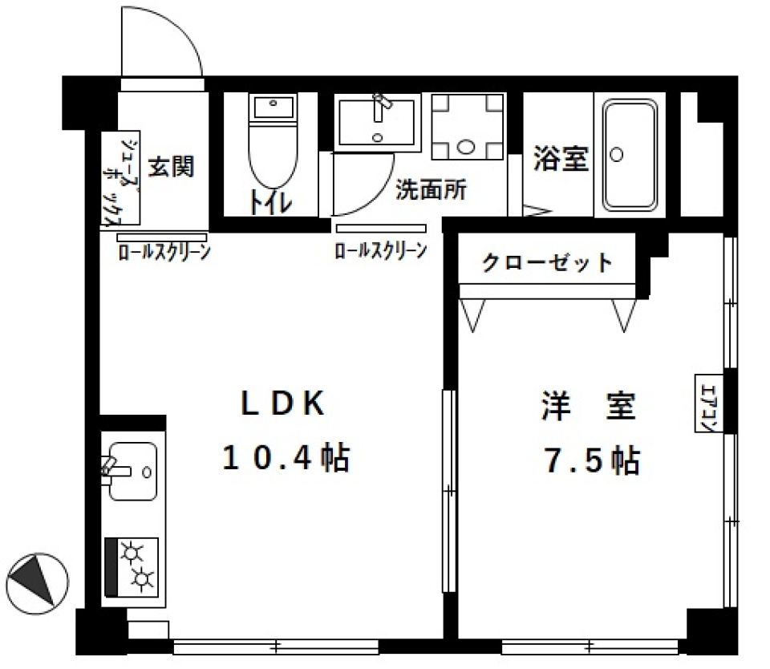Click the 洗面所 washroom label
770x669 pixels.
coord(432,190)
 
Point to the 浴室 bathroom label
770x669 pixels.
coord(561,159)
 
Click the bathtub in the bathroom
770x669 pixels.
coord(630,153)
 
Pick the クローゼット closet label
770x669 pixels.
coord(548,262)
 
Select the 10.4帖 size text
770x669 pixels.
coord(285,459)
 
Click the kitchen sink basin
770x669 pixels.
coord(132,471)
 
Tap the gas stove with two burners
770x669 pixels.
coord(132,566)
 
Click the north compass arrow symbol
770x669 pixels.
coord(36,579)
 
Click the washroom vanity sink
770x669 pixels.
coord(378,121)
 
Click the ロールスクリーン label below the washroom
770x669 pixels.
coord(380,251)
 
